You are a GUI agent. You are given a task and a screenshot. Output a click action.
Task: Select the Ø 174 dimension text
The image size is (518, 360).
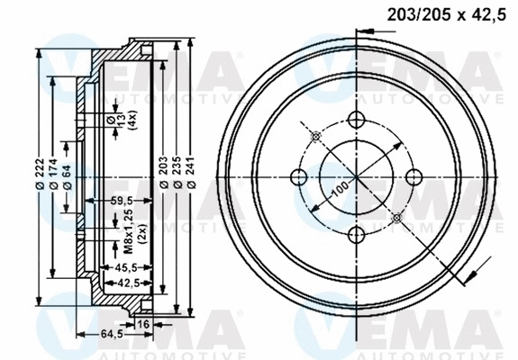(x=54, y=174)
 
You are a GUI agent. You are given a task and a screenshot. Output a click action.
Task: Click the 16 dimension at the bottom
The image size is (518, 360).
(x=142, y=323)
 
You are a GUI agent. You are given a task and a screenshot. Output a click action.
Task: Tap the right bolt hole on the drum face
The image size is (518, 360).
(x=414, y=177)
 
